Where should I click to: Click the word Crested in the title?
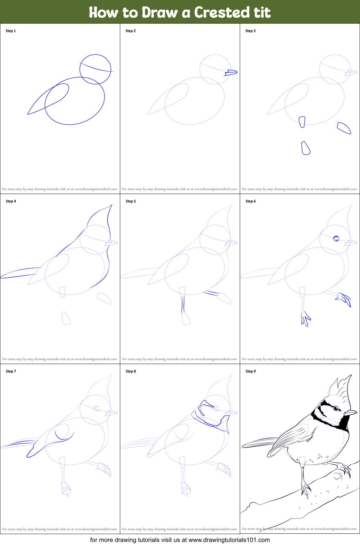tap(222, 12)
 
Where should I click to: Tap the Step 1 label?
tap(11, 31)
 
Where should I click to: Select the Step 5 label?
tap(130, 201)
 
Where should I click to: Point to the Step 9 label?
tap(250, 371)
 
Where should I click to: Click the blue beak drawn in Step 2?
tap(231, 72)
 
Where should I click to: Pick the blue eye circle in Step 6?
tap(336, 238)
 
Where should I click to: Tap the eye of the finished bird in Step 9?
tap(336, 408)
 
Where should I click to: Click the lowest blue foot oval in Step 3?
tap(305, 148)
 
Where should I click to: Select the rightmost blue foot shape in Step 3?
tap(344, 128)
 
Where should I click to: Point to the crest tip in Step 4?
tap(111, 206)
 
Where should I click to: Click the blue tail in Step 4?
tap(19, 273)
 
